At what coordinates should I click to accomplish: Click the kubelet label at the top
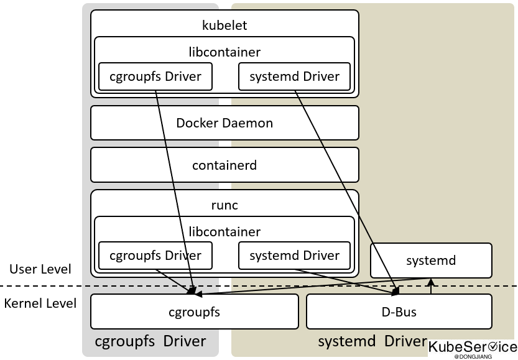tap(224, 25)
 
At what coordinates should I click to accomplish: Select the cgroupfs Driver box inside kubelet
tap(155, 77)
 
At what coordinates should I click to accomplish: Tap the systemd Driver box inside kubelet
tap(294, 77)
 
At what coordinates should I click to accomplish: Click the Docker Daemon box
tap(224, 123)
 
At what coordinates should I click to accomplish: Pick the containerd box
tap(224, 165)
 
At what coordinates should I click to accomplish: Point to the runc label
tap(224, 205)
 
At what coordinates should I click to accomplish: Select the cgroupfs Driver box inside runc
tap(155, 256)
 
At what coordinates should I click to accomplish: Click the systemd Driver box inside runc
tap(294, 256)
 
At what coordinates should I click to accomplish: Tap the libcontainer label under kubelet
tap(224, 52)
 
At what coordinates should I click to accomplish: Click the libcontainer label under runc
tap(224, 232)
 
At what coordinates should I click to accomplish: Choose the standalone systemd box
tap(431, 261)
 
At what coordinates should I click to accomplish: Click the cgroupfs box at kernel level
tap(194, 312)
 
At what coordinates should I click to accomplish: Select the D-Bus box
tap(399, 312)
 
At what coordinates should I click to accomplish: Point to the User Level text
tap(40, 269)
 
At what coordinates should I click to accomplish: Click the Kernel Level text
tap(40, 303)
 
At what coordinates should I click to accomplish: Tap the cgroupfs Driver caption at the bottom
tap(150, 341)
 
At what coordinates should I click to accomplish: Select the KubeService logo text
tap(473, 347)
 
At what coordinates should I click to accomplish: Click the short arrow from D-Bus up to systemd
tap(430, 286)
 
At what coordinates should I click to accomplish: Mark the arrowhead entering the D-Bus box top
tap(395, 291)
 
